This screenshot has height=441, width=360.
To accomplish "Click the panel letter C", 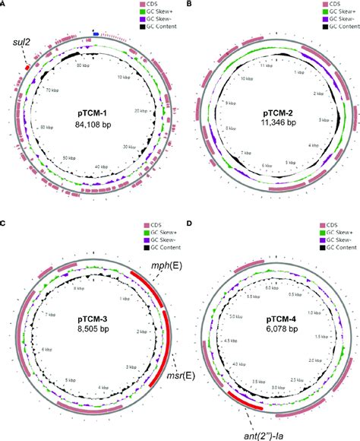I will coord(5,225).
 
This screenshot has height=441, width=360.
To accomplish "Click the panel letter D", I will coord(187,225).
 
